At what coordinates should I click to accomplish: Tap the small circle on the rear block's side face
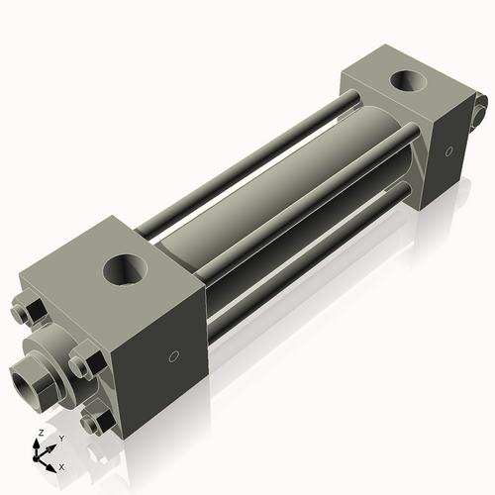(448, 152)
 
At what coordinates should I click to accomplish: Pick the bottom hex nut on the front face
(96, 423)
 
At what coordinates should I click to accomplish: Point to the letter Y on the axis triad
(60, 438)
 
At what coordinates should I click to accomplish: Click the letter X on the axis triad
(61, 465)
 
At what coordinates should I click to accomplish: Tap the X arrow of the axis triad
(51, 461)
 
